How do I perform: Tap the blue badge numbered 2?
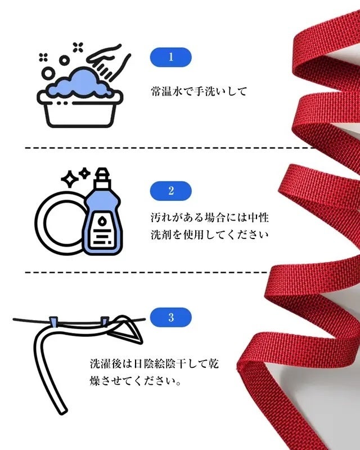click(171, 190)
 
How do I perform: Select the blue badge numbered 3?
click(171, 317)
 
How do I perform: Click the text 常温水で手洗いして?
click(199, 91)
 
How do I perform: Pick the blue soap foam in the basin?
click(79, 84)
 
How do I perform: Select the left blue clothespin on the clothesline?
click(54, 322)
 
